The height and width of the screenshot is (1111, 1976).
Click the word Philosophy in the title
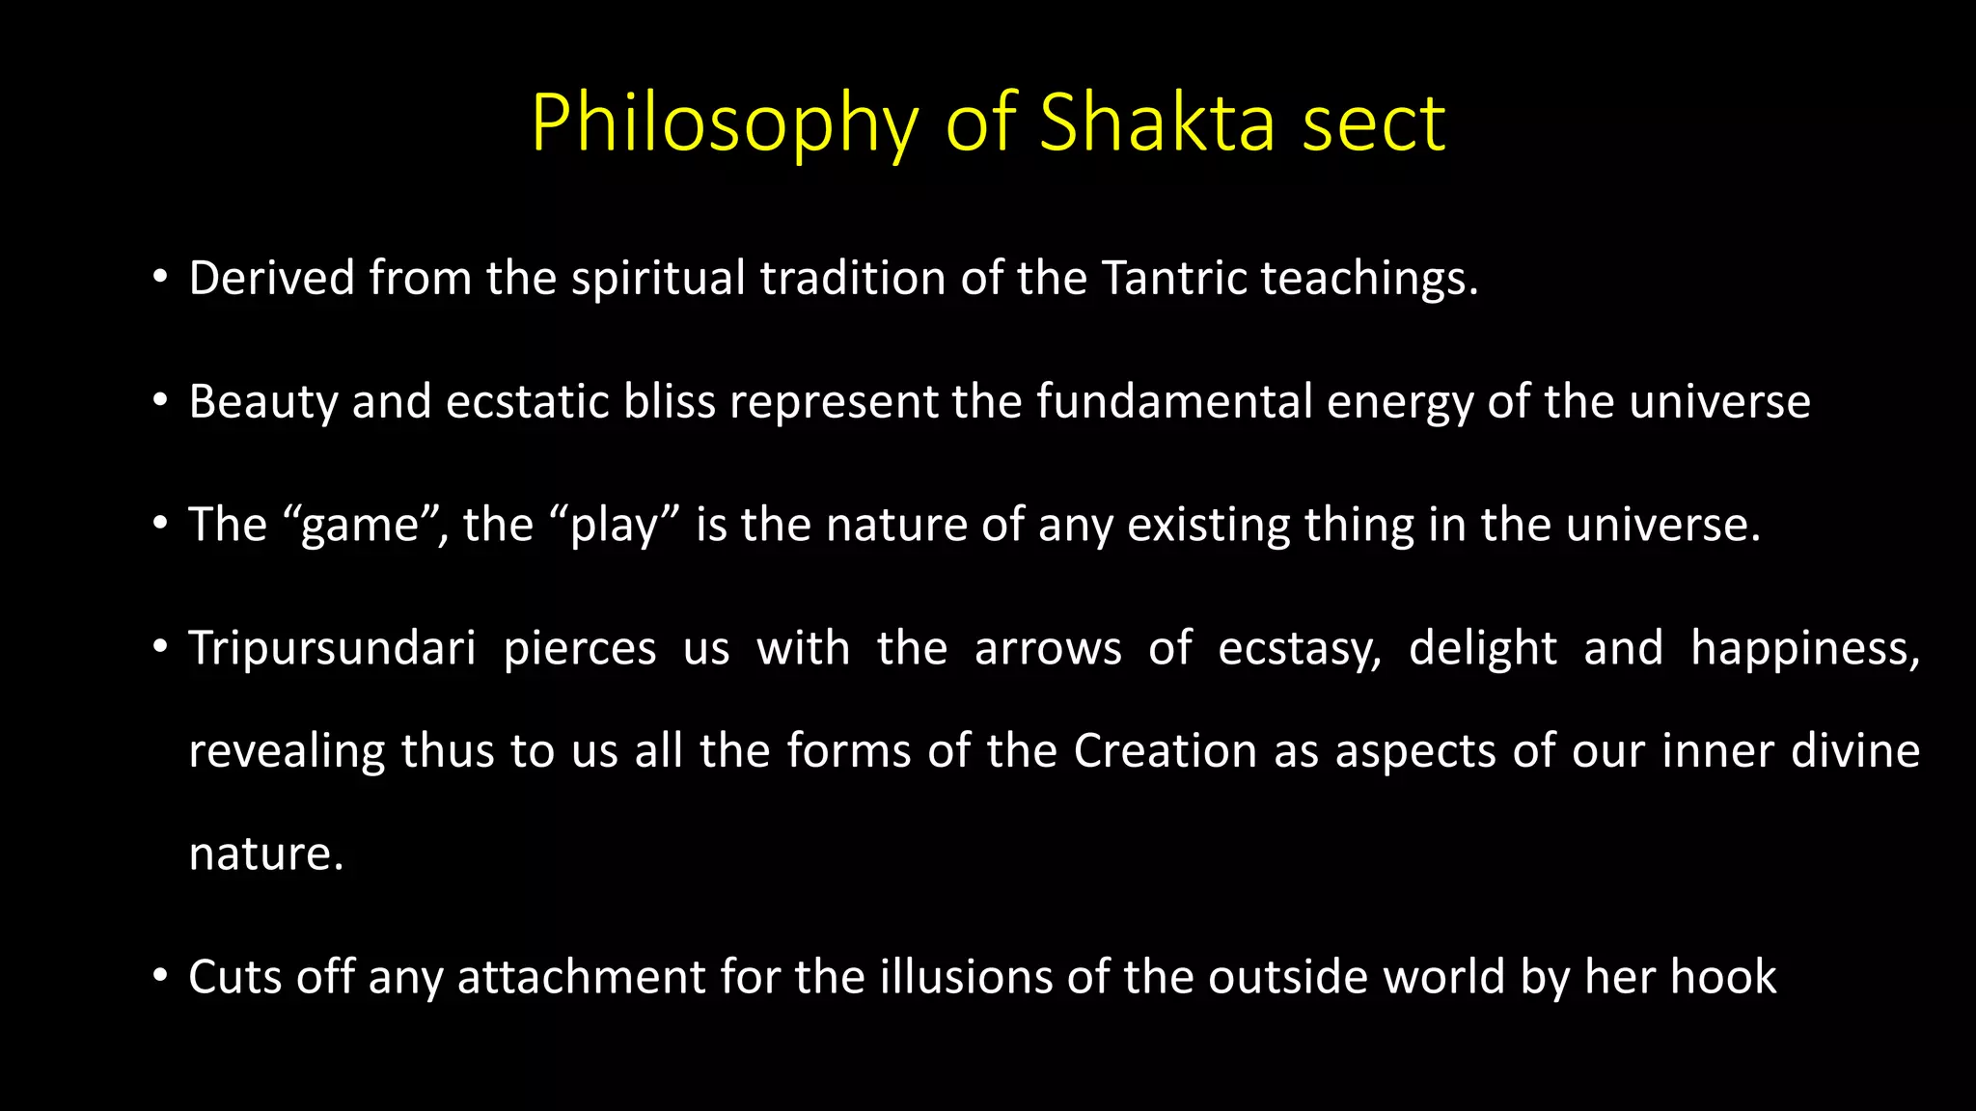coord(724,123)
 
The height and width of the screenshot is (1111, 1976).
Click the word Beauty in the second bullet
coord(262,402)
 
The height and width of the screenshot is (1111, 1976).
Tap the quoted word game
coord(360,526)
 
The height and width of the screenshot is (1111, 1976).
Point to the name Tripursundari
coord(332,648)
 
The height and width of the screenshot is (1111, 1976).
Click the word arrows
coord(1048,648)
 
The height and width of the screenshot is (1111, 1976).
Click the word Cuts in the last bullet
coord(234,977)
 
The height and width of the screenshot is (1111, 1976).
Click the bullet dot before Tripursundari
coord(160,648)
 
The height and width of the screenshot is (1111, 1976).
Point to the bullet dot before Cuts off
coord(160,977)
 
